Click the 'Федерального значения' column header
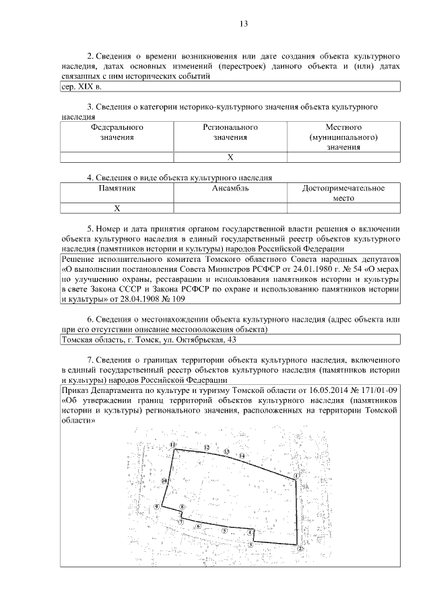117,132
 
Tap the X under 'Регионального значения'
230,157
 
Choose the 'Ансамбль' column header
230,188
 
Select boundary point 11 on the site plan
173,445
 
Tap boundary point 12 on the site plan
207,447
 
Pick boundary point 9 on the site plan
156,507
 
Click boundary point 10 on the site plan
164,481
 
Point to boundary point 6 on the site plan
199,526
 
